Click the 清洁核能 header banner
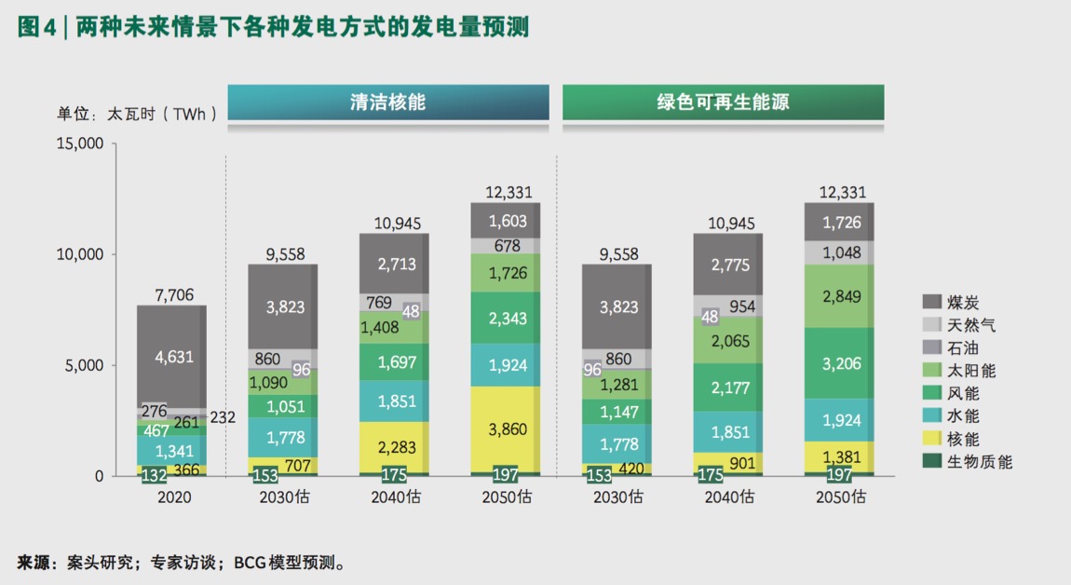(x=387, y=102)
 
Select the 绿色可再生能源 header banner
(x=723, y=102)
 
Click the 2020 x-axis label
(x=171, y=497)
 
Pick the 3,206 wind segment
(x=839, y=363)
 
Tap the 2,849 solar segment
(x=839, y=296)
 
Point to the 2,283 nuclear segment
(x=395, y=447)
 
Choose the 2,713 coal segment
(x=395, y=264)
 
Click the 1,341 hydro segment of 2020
(x=171, y=452)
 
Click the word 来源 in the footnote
(x=34, y=563)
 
